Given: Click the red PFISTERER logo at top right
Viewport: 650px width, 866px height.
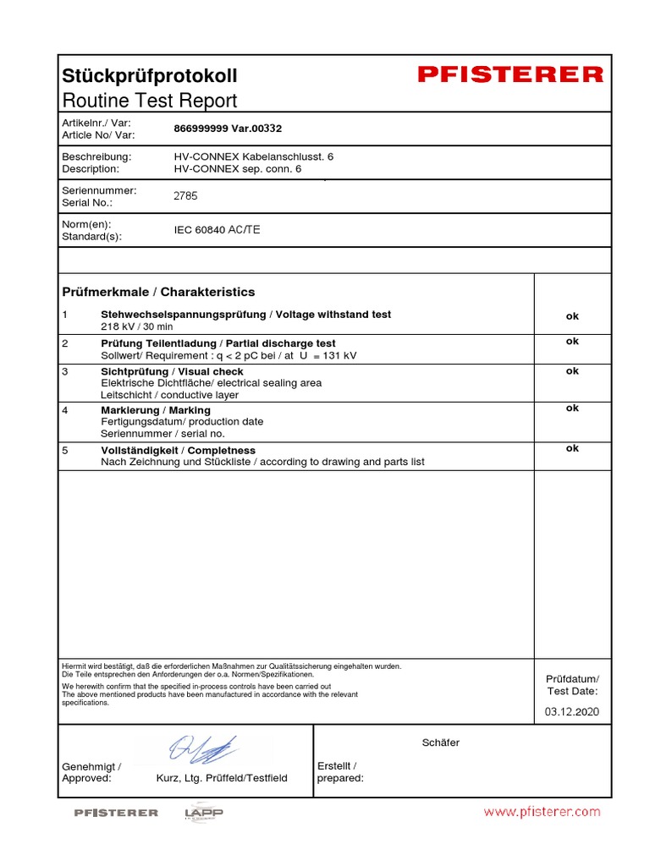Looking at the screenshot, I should pyautogui.click(x=510, y=75).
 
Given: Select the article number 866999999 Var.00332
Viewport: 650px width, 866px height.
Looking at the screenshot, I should pyautogui.click(x=227, y=129).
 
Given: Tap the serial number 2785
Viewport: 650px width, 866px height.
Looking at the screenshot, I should pyautogui.click(x=185, y=196).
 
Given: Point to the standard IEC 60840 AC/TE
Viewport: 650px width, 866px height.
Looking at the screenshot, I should pyautogui.click(x=218, y=230).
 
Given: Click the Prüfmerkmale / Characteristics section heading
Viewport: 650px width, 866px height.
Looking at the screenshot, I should pyautogui.click(x=158, y=292).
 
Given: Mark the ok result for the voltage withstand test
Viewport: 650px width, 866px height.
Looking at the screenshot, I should pyautogui.click(x=572, y=316).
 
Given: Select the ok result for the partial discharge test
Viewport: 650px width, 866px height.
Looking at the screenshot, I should pyautogui.click(x=572, y=342).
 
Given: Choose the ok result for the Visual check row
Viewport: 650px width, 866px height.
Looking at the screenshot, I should pyautogui.click(x=572, y=371).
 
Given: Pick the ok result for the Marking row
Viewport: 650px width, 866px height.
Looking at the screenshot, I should pyautogui.click(x=572, y=408).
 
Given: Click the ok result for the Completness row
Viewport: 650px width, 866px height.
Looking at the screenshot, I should pyautogui.click(x=572, y=449).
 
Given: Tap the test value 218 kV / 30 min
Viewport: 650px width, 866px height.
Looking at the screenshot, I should pyautogui.click(x=137, y=326).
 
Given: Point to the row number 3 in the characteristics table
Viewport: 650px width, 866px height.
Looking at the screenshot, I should pyautogui.click(x=65, y=371).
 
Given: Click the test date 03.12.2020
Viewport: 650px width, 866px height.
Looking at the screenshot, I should pyautogui.click(x=571, y=712).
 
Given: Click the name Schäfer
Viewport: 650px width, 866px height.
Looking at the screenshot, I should pyautogui.click(x=440, y=743).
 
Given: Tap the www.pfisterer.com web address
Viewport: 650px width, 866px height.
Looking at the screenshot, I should pyautogui.click(x=542, y=812).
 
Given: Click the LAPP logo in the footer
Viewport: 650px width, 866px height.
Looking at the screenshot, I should pyautogui.click(x=203, y=813).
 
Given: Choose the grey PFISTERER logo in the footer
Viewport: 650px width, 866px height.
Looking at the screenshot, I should pyautogui.click(x=116, y=813).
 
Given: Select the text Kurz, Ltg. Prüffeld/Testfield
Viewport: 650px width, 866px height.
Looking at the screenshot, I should pyautogui.click(x=222, y=778).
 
